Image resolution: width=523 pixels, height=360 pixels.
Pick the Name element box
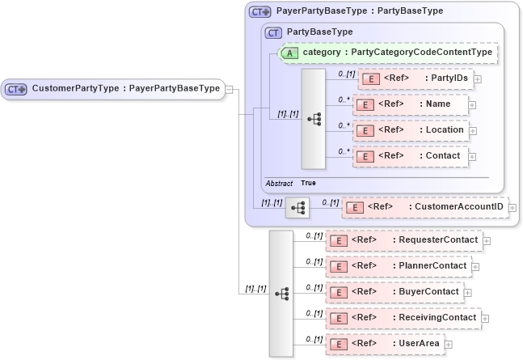coord(410,104)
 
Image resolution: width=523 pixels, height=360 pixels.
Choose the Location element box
coord(410,130)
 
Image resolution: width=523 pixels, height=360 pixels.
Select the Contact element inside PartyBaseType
coord(410,156)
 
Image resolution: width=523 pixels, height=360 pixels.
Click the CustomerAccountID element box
coord(425,208)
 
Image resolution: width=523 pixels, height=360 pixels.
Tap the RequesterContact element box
coord(403,240)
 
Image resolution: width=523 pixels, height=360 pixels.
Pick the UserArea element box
coord(384,344)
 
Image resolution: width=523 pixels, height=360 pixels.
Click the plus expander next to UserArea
coord(449,345)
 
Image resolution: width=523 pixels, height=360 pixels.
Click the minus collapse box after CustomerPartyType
coord(230,89)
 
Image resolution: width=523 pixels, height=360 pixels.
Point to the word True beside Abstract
coord(308,183)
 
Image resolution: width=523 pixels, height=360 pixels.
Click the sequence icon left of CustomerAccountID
coord(297,209)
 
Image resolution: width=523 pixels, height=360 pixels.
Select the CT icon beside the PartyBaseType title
coord(273,32)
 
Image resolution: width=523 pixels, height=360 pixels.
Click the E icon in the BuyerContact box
coord(340,292)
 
